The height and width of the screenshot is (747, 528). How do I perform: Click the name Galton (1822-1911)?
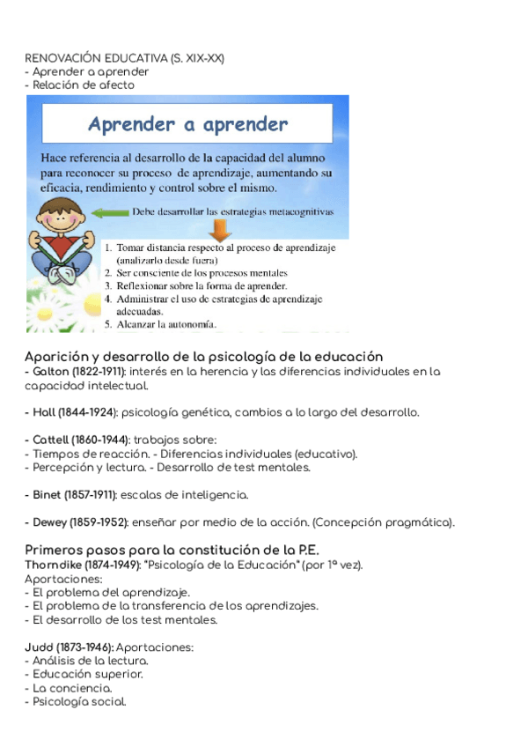point(70,372)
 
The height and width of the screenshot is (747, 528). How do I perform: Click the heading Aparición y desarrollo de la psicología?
point(203,357)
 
